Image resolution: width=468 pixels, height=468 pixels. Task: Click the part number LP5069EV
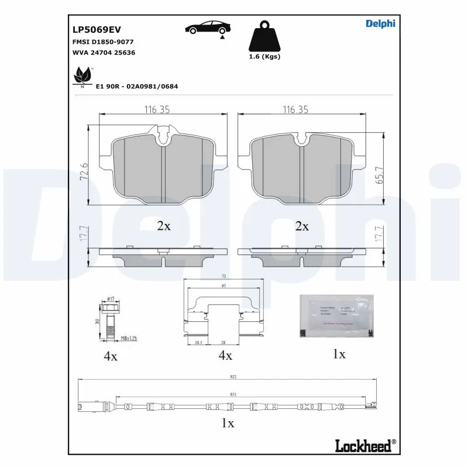pos(97,29)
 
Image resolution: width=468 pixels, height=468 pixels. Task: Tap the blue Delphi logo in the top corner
pos(380,23)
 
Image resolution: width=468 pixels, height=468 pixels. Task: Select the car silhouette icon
pos(208,27)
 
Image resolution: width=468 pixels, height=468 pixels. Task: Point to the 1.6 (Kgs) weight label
pos(264,57)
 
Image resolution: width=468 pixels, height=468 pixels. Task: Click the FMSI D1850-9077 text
pos(103,42)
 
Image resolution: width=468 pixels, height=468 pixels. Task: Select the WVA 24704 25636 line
pos(104,53)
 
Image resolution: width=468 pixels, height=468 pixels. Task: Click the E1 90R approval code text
pos(137,86)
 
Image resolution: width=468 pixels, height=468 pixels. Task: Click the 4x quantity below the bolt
pos(110,356)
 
